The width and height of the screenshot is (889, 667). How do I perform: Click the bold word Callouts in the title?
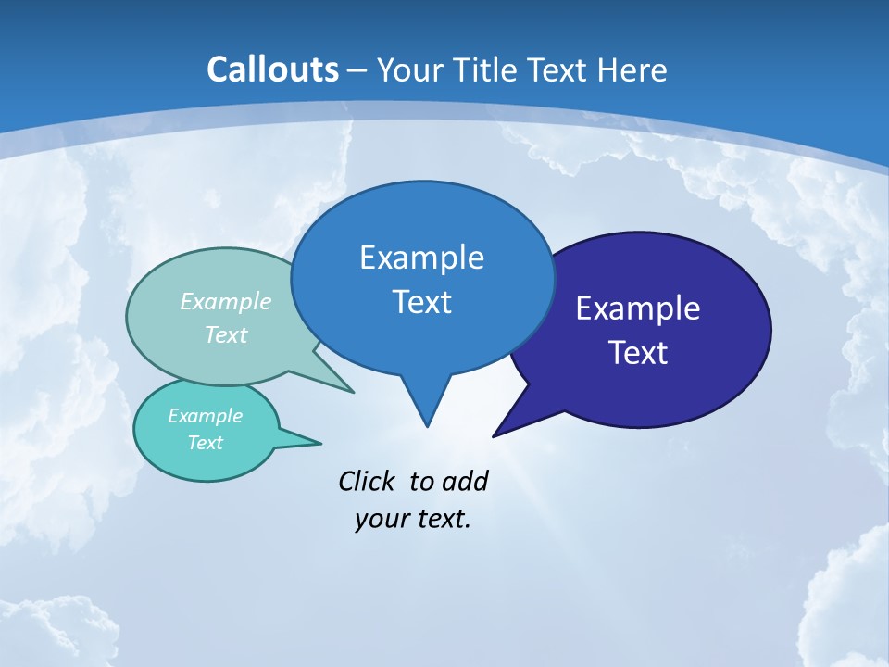tap(272, 69)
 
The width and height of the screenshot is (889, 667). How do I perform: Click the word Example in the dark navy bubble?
tap(638, 308)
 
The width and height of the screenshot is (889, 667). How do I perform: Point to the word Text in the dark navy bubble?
tap(638, 353)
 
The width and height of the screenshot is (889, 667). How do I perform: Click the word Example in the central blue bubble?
tap(421, 258)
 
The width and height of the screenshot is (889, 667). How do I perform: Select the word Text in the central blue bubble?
tap(421, 302)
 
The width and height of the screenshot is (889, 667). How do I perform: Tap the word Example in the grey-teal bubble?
tap(226, 301)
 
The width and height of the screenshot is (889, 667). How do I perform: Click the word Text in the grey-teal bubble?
tap(226, 334)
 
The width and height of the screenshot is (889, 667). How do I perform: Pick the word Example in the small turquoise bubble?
tap(206, 416)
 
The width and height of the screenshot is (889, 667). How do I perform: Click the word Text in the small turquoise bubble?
tap(206, 443)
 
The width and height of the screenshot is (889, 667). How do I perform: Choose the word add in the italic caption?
tap(465, 481)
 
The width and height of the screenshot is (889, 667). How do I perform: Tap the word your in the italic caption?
tap(381, 519)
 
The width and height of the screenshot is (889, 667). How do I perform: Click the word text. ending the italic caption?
tap(441, 519)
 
